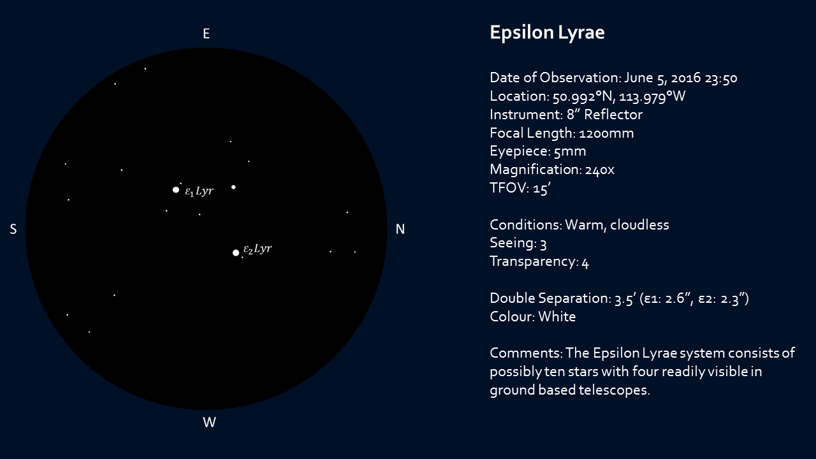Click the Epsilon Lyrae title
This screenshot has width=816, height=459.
coord(547,33)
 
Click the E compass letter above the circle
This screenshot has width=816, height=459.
coord(206,34)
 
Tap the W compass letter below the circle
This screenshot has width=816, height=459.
coord(209,423)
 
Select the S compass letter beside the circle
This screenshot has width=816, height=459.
coord(13,229)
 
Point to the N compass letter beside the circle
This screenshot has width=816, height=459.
coord(400,229)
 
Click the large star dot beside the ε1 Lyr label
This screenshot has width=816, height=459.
coord(176,189)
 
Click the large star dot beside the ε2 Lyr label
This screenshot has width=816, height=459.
coord(236,252)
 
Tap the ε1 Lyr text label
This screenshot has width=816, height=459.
coord(199,191)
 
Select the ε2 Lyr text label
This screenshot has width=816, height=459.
coord(258,249)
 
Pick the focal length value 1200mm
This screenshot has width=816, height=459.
coord(606,133)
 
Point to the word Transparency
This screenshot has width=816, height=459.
coord(532,262)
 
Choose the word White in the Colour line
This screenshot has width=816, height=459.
coord(557,317)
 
